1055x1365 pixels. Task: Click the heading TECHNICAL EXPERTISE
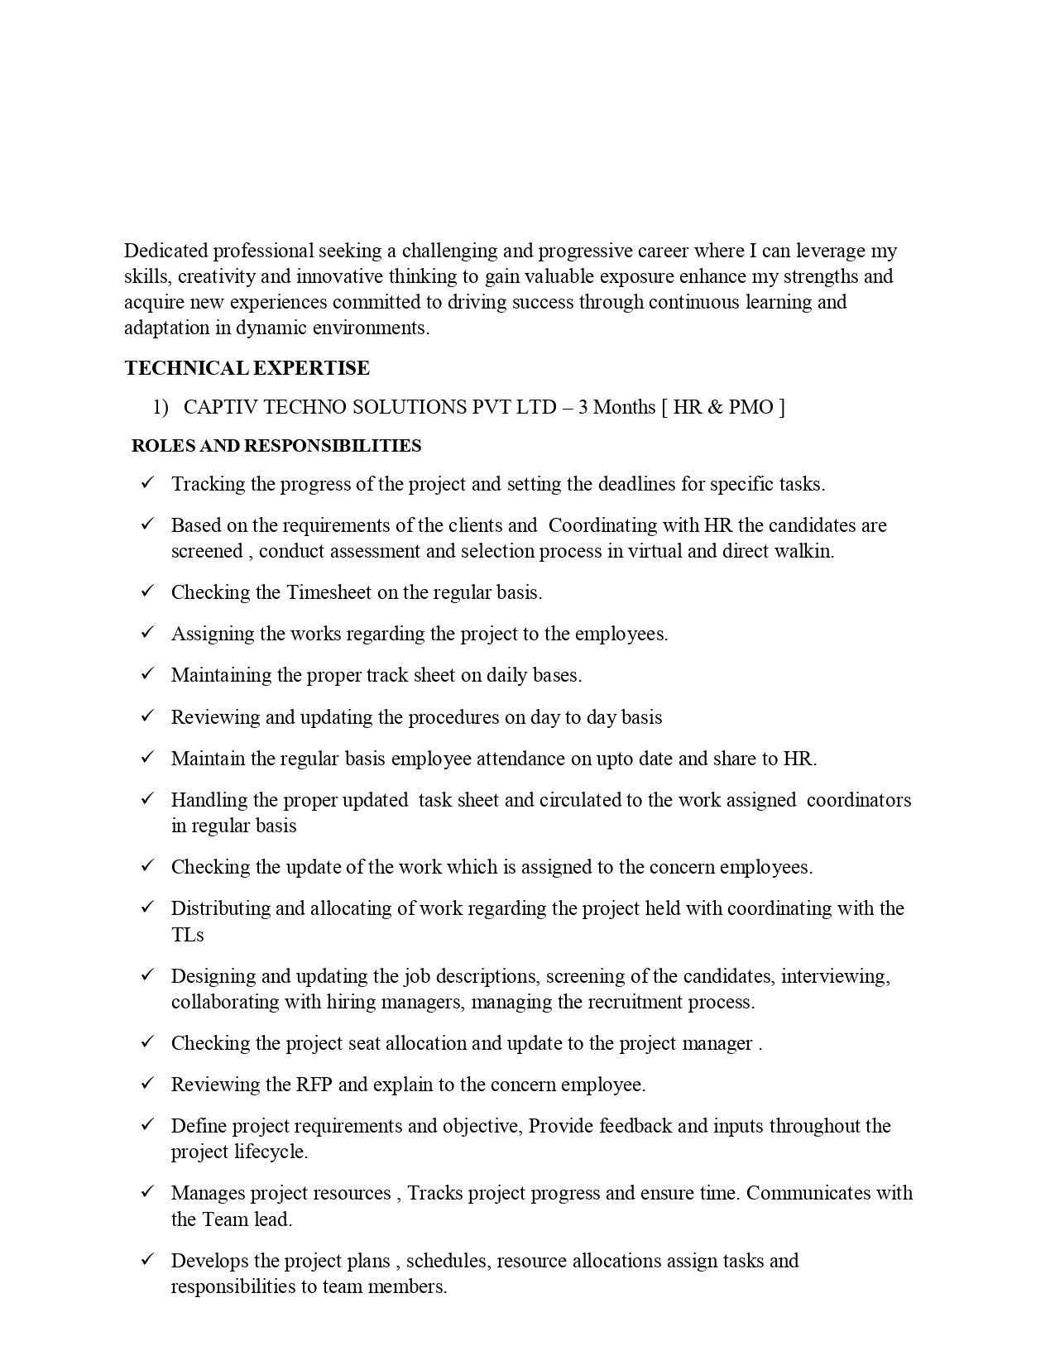click(x=247, y=368)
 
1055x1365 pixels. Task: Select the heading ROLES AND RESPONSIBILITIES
click(x=276, y=446)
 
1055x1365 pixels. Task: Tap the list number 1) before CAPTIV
click(x=160, y=407)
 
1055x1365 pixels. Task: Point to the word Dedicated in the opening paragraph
click(x=165, y=251)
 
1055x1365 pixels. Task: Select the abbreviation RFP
click(x=314, y=1085)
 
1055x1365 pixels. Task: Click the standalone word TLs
click(x=187, y=935)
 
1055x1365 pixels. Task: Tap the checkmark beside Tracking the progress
click(x=148, y=482)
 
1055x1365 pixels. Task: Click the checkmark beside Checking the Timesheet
click(x=148, y=591)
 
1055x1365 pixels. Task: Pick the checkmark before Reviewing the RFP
click(x=148, y=1083)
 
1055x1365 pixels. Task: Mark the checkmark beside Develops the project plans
click(x=148, y=1259)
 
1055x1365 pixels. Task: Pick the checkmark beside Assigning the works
click(x=148, y=632)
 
